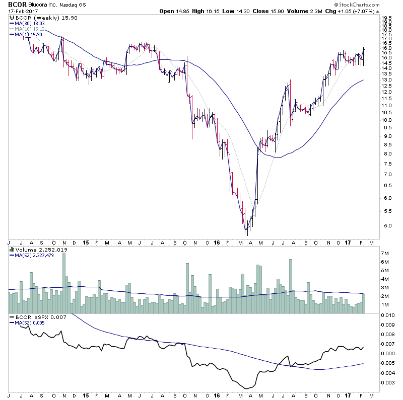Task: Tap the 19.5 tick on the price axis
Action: pyautogui.click(x=387, y=18)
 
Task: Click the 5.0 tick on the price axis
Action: pyautogui.click(x=387, y=226)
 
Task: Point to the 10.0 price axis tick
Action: pyautogui.click(x=387, y=120)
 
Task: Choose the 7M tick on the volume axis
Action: pyautogui.click(x=386, y=253)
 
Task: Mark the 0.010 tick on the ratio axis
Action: pyautogui.click(x=388, y=315)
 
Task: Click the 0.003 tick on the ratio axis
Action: pyautogui.click(x=388, y=383)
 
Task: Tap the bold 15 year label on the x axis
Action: pyautogui.click(x=86, y=243)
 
